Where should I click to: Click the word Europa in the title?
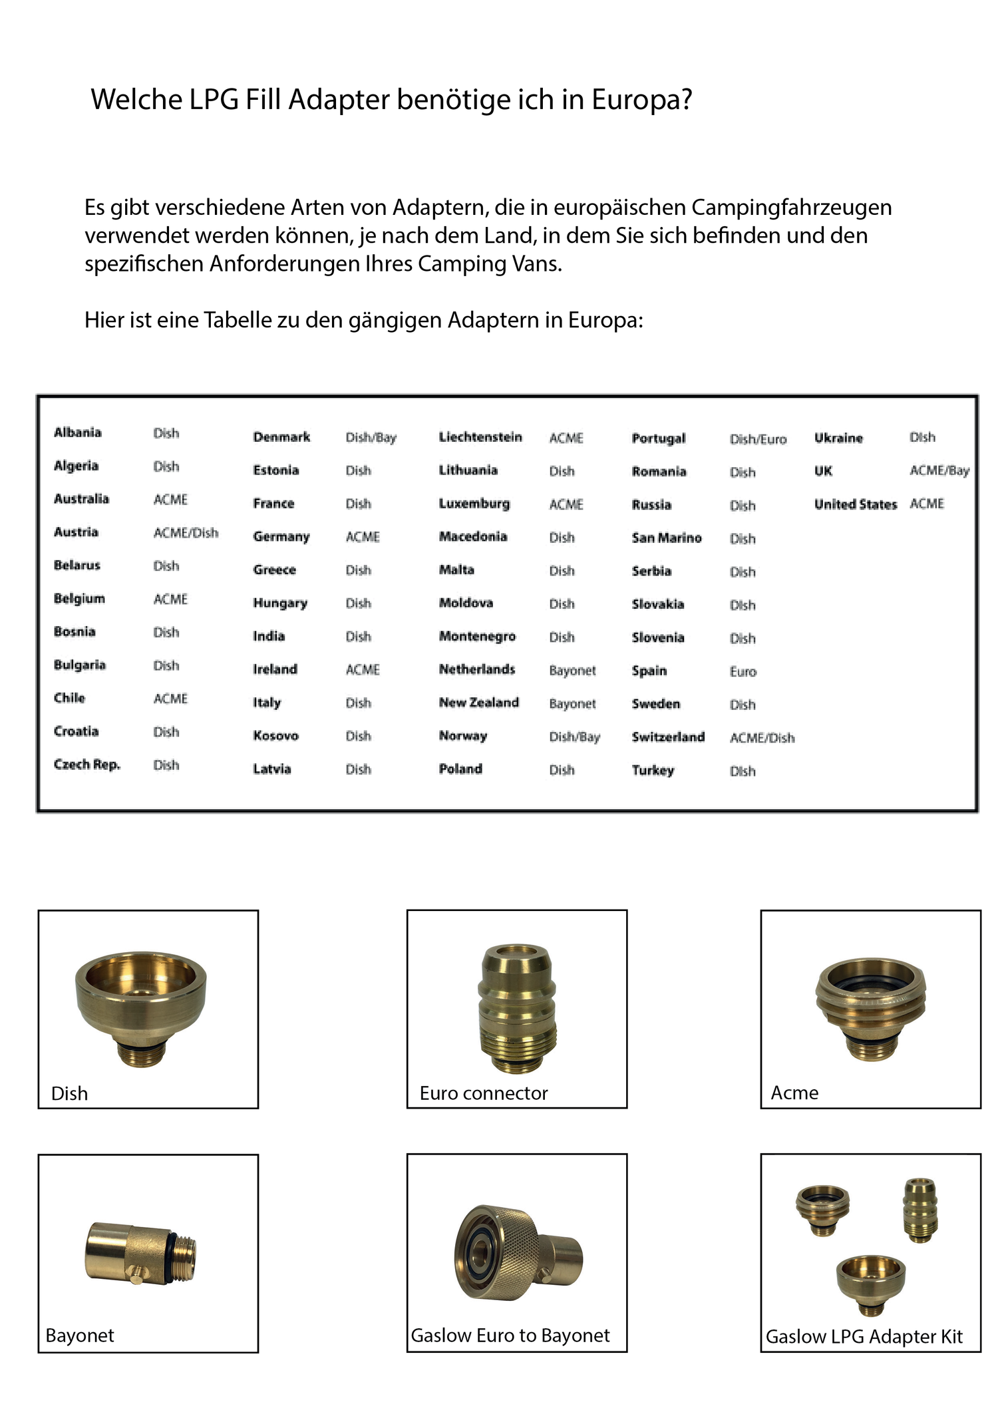642,100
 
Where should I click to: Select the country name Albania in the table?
78,433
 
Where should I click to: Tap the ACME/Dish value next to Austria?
186,532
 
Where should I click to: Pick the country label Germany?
281,536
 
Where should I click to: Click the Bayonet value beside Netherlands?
572,670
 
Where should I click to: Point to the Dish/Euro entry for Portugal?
758,439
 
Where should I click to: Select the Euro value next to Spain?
743,671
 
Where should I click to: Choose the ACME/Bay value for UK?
939,470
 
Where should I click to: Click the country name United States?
855,504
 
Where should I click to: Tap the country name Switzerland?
668,737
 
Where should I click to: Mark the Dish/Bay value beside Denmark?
371,437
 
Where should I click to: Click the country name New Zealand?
478,703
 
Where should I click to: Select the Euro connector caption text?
484,1093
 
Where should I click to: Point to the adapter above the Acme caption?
870,1004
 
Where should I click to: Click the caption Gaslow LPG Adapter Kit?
864,1336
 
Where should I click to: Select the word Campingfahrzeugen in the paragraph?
791,208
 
